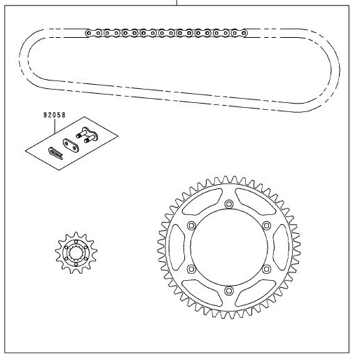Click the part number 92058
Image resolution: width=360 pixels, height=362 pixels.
[55, 115]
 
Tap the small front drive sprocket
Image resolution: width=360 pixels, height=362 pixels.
[76, 253]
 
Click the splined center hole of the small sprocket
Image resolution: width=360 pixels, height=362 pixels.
[76, 253]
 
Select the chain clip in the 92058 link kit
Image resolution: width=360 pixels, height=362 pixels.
[55, 153]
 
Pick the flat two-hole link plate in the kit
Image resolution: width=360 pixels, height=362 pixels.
[70, 146]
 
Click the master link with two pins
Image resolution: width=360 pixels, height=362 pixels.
[87, 135]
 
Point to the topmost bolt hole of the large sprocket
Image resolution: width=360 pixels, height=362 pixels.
[229, 204]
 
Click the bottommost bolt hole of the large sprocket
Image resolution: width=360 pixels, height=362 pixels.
[229, 291]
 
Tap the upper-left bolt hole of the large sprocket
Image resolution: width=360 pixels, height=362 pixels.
[192, 225]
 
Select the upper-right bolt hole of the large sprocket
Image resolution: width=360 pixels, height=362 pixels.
[266, 225]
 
